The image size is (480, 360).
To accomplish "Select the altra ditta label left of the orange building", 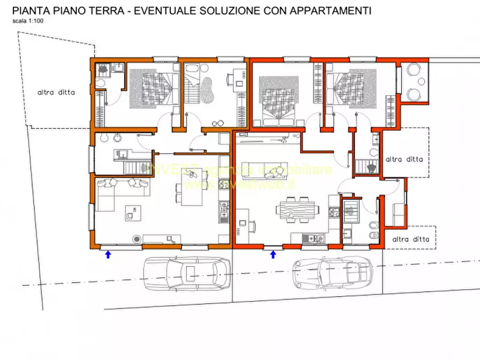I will click(56, 92).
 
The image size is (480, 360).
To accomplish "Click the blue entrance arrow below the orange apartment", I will click(108, 254).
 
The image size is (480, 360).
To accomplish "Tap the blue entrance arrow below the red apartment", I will click(273, 254).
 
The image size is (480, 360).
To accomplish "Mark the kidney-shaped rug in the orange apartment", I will click(207, 89).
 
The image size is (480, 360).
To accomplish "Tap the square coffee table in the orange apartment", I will click(130, 213).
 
